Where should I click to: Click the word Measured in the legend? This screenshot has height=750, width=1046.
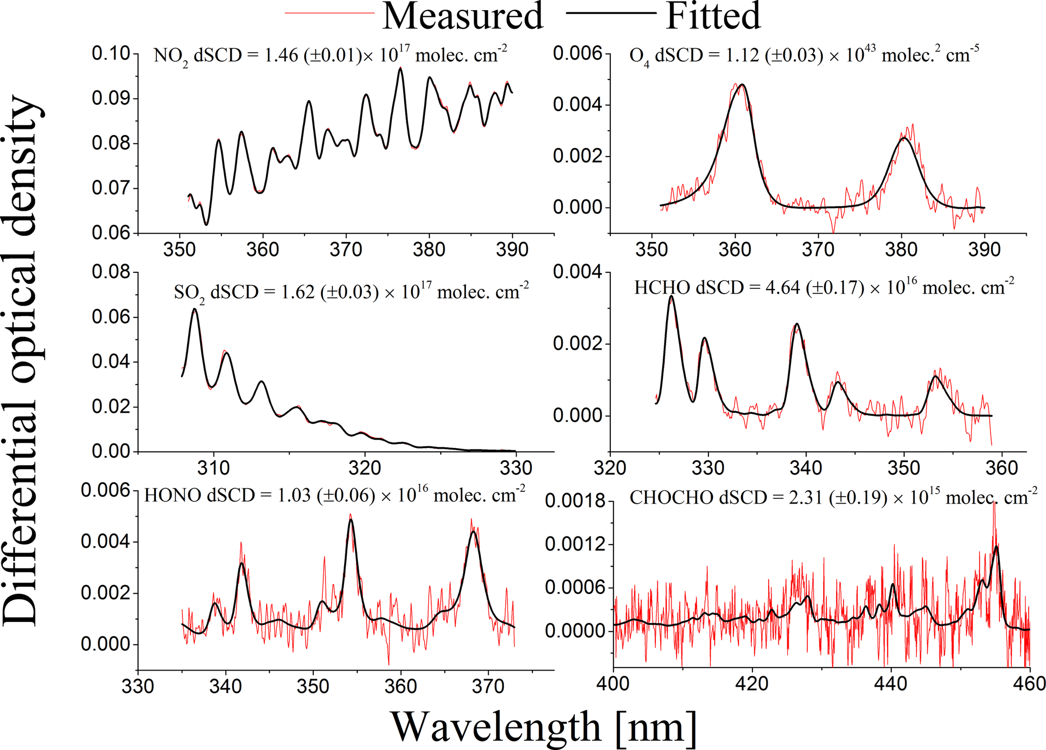click(463, 16)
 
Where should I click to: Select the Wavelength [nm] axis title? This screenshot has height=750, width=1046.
click(543, 727)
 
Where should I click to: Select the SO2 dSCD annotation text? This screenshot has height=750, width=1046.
click(351, 293)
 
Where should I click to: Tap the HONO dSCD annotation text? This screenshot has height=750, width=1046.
click(334, 495)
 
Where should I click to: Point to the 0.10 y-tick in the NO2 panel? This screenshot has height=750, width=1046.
click(111, 53)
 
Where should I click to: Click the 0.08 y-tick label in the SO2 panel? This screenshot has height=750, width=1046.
click(111, 272)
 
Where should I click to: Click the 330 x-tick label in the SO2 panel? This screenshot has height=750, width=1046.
click(516, 468)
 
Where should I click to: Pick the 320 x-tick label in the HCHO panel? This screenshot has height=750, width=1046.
click(611, 468)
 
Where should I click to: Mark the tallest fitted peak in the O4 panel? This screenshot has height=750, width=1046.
click(742, 85)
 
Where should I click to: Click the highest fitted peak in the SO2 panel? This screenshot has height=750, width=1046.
click(194, 309)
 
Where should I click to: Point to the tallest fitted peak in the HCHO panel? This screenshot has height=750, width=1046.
click(672, 297)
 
